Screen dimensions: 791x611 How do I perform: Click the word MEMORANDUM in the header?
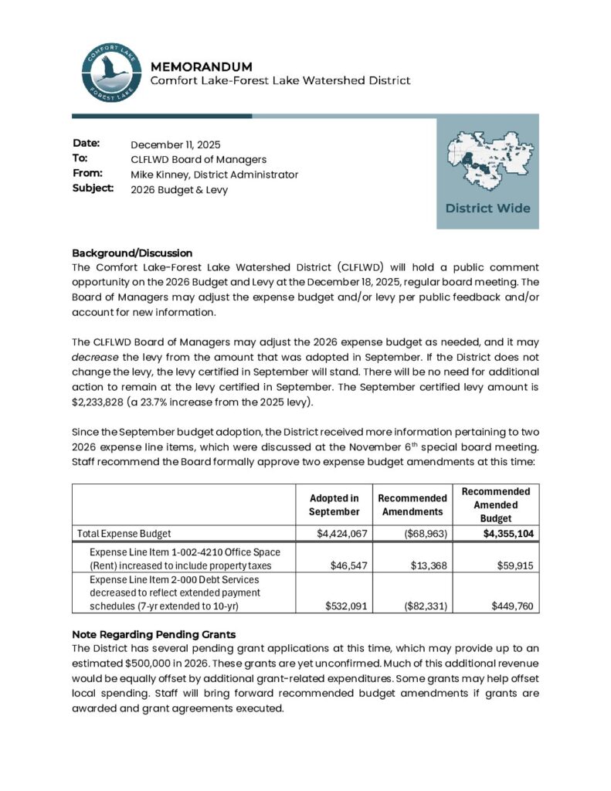pyautogui.click(x=201, y=66)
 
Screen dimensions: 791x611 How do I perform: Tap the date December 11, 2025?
pyautogui.click(x=175, y=144)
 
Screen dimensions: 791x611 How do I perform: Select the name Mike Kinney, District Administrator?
pyautogui.click(x=214, y=175)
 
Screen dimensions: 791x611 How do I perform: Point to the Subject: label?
pyautogui.click(x=93, y=188)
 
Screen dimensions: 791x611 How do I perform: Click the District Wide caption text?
pyautogui.click(x=487, y=208)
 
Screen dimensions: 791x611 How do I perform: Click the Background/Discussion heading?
pyautogui.click(x=131, y=253)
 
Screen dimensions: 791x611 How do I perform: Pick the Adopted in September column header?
pyautogui.click(x=334, y=505)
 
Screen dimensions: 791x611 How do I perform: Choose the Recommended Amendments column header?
pyautogui.click(x=412, y=505)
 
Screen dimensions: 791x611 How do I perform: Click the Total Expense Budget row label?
pyautogui.click(x=124, y=533)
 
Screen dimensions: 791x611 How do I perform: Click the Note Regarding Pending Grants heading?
pyautogui.click(x=154, y=633)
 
